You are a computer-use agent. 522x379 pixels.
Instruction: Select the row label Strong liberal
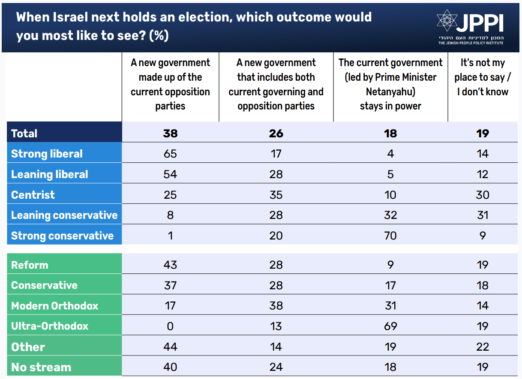47,154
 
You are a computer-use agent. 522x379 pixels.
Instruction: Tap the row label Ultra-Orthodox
50,326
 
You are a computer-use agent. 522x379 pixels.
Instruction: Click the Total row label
24,133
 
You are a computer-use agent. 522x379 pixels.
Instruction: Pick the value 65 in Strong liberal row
170,154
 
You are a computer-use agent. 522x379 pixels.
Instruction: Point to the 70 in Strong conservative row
390,236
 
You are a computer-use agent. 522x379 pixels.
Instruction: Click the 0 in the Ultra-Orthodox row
170,326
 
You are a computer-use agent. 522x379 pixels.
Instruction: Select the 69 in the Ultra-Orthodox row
390,326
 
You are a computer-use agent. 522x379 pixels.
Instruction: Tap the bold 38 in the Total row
170,133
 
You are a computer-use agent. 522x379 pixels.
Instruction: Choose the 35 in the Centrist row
276,195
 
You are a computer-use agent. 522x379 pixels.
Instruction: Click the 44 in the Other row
170,347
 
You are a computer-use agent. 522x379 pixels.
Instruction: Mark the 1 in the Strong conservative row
170,236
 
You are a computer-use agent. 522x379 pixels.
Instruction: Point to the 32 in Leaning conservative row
390,215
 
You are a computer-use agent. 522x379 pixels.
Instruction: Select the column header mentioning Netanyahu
390,84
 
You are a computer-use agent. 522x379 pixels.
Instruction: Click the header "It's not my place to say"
483,77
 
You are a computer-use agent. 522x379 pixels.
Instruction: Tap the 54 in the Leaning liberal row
170,174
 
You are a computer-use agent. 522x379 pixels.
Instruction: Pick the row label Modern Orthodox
55,306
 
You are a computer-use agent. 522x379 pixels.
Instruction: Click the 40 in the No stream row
170,367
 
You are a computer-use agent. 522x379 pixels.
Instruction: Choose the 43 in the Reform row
170,265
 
